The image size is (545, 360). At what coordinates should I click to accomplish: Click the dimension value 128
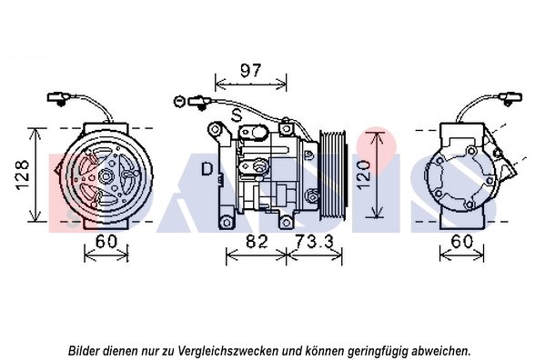[23, 175]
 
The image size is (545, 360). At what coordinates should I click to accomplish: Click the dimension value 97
[250, 71]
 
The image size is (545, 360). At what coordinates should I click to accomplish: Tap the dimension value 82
[257, 242]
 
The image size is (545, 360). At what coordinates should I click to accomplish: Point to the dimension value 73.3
[314, 242]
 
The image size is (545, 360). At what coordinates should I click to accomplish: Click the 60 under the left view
[106, 242]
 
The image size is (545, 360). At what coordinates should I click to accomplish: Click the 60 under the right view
[462, 242]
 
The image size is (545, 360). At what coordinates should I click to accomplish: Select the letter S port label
[237, 115]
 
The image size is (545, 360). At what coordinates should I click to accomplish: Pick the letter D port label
[207, 169]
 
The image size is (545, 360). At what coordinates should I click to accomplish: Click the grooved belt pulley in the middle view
[333, 175]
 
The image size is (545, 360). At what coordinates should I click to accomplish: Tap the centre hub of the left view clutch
[105, 176]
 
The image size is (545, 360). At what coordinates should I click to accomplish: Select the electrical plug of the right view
[511, 98]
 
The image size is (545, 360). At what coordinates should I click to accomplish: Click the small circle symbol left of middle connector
[179, 102]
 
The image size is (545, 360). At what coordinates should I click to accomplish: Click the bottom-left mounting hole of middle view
[227, 222]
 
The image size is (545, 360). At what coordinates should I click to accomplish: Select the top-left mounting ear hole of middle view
[215, 129]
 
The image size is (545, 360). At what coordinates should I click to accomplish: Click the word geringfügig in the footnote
[374, 351]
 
